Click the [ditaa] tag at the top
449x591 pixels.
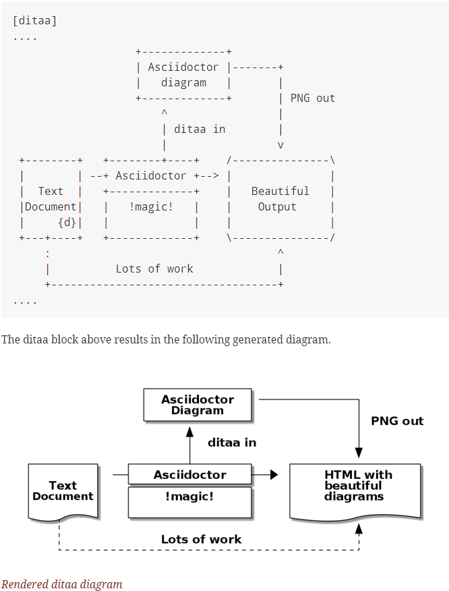(x=35, y=21)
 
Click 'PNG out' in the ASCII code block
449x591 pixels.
(x=312, y=98)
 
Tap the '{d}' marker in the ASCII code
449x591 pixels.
(x=67, y=222)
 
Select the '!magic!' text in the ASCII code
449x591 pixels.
(x=151, y=206)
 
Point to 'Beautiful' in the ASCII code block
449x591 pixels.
(x=280, y=191)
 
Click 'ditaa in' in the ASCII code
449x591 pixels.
(x=200, y=129)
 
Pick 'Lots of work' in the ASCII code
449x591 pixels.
(x=154, y=269)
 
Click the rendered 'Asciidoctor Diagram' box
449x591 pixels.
(x=198, y=405)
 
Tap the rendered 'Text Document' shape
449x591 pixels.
(x=63, y=490)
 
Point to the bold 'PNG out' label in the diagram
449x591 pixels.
(x=397, y=421)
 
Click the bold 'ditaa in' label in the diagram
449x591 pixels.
(x=232, y=443)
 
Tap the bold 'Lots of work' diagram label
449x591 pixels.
(x=201, y=539)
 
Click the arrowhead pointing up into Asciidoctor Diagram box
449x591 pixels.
(x=190, y=427)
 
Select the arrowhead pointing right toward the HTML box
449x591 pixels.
(x=274, y=475)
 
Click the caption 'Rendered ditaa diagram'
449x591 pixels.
(x=61, y=584)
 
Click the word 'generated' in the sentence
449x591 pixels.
(x=258, y=339)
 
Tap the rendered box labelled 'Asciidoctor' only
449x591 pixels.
(x=190, y=475)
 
